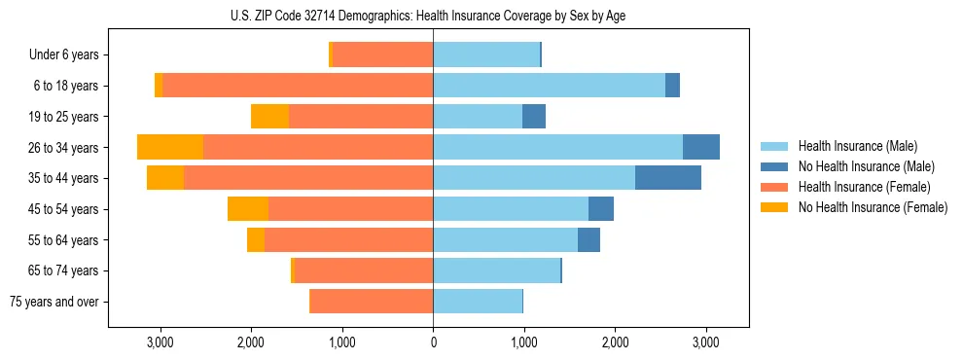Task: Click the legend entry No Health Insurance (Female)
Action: [x=872, y=207]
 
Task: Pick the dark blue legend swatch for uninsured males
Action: [x=776, y=166]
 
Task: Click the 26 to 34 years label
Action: [x=64, y=148]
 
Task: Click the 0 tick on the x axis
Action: [x=433, y=342]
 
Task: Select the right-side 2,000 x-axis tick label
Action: [x=615, y=342]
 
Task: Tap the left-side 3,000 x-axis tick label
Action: [x=160, y=342]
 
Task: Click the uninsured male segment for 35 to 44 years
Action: [x=668, y=178]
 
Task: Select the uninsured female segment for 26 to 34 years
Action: [x=170, y=147]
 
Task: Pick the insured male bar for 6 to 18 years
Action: [x=549, y=86]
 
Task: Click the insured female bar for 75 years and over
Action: [x=372, y=302]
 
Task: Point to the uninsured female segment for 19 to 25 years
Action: [x=269, y=117]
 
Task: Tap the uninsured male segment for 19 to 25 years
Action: [x=534, y=117]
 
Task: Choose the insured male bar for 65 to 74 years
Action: [x=496, y=270]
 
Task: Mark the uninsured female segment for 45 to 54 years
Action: [x=248, y=209]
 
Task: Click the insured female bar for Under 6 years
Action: [x=382, y=55]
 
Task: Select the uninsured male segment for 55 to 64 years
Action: [x=588, y=240]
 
